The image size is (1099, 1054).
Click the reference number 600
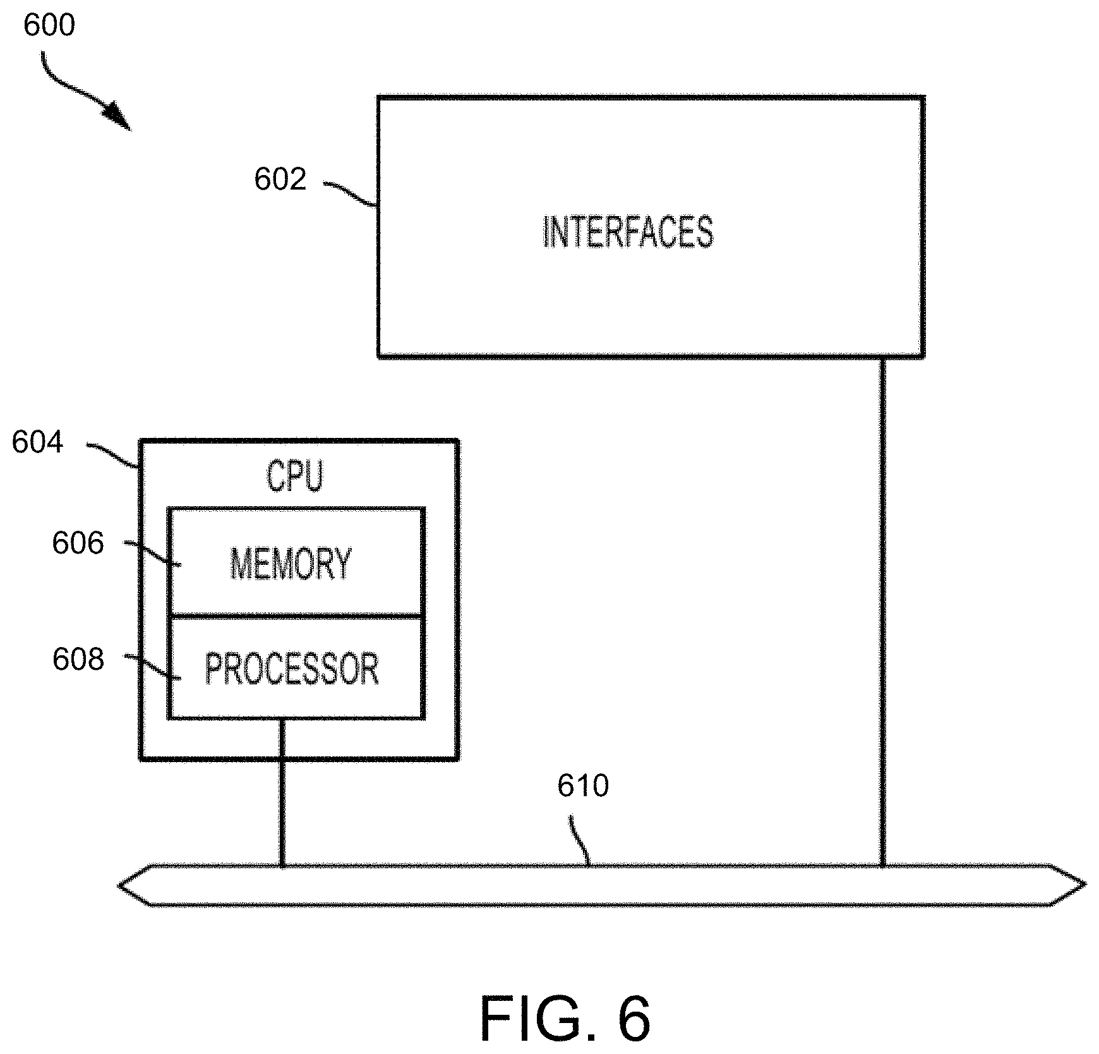(x=49, y=26)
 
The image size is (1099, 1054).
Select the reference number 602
(x=280, y=179)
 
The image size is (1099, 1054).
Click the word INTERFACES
(x=628, y=232)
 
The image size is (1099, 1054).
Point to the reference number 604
(x=38, y=442)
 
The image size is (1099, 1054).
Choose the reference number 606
(x=78, y=543)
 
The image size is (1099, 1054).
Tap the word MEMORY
(x=291, y=564)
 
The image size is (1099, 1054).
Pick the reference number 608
(x=78, y=660)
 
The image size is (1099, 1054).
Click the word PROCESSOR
(x=292, y=669)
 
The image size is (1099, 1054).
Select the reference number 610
(x=583, y=786)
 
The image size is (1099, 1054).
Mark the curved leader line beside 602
(x=351, y=192)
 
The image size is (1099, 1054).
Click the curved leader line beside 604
(x=114, y=454)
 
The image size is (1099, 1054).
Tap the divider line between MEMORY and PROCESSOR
(x=296, y=615)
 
